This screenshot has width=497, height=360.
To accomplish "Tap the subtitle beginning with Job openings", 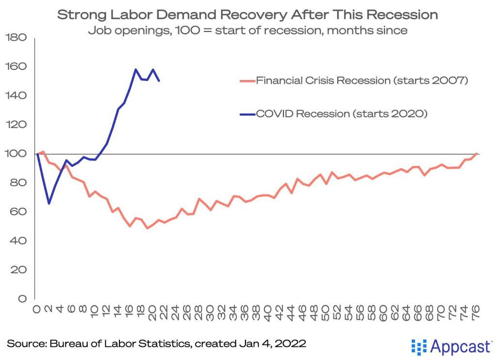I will tap(248, 31).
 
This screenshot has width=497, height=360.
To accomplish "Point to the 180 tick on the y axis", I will tap(17, 37).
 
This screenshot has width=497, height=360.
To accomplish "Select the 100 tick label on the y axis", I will tap(17, 154).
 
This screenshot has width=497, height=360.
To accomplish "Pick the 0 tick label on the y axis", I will tap(22, 299).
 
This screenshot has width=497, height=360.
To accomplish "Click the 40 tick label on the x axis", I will tap(268, 311).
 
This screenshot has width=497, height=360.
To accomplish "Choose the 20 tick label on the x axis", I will tap(152, 311).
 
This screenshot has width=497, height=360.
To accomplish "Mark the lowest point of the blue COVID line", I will tap(49, 203).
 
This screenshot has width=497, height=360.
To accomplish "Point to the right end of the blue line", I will tap(159, 81).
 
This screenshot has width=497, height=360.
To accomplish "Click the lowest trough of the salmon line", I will tap(147, 228).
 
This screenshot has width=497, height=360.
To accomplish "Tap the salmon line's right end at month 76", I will tap(476, 154).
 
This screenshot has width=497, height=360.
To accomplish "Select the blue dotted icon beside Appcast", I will tap(418, 346).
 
